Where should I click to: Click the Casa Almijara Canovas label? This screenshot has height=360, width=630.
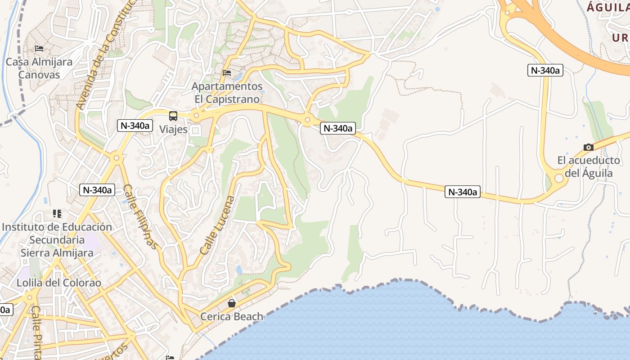coord(39,68)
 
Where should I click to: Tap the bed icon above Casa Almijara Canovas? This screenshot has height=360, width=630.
coord(39,48)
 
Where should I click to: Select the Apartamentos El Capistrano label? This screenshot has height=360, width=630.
coord(227,92)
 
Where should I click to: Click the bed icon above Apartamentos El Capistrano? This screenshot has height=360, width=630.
coord(227,72)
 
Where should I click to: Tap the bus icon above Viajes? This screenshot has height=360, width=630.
coord(173,116)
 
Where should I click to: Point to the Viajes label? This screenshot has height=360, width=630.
coord(173,130)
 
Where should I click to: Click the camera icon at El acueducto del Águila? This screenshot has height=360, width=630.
coord(588,147)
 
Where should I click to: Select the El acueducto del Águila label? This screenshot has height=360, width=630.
coord(588,166)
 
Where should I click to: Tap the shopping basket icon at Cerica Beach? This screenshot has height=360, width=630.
coord(232,303)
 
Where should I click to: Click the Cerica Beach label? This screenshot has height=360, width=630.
coord(232,316)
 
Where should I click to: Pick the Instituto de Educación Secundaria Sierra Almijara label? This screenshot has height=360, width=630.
coord(57,239)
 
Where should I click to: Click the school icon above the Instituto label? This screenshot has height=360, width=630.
coord(57,213)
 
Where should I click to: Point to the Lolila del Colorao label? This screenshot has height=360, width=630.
coord(59,283)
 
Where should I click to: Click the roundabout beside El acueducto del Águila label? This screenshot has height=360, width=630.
coord(559,179)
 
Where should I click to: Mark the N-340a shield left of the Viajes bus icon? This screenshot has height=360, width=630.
coord(134,126)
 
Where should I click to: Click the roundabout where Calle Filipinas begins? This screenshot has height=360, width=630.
coord(117,157)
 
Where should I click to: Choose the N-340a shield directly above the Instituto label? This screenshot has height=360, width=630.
coord(97,190)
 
